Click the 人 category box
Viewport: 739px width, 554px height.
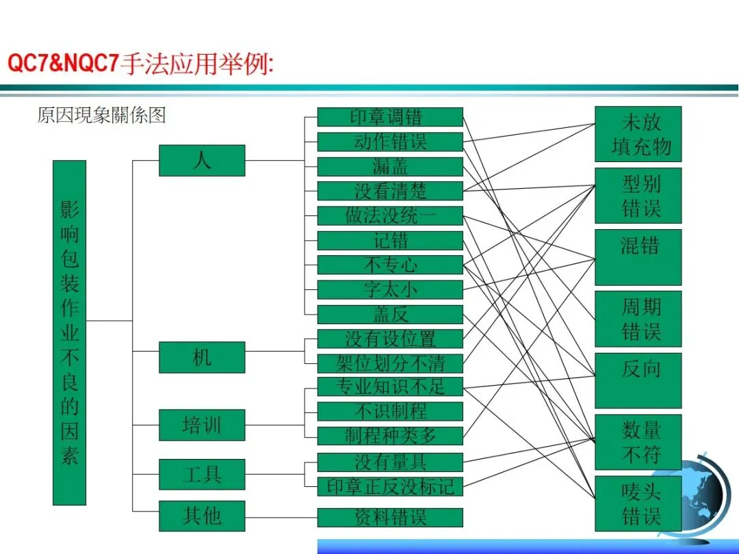tap(202, 161)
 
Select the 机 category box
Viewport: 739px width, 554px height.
tap(202, 357)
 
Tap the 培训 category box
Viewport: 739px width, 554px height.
tap(202, 425)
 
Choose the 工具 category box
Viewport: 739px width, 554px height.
tap(202, 474)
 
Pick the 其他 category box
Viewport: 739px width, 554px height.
tap(202, 516)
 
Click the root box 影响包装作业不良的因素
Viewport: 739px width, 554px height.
tap(70, 332)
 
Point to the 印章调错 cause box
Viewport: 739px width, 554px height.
tap(390, 117)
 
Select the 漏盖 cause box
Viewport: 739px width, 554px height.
tap(390, 166)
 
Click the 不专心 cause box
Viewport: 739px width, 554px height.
tap(390, 265)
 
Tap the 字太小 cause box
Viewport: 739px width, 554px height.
tap(390, 289)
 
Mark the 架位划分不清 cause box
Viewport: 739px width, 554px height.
tap(390, 362)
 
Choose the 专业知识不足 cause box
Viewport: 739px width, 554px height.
tap(390, 386)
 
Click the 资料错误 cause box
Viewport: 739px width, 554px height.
tap(390, 517)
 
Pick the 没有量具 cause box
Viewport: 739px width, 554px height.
tap(390, 462)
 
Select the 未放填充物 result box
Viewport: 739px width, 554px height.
tap(638, 134)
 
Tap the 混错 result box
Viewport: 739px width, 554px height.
tap(638, 257)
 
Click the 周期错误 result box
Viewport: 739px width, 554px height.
tap(638, 319)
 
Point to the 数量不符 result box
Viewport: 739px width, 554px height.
tap(638, 442)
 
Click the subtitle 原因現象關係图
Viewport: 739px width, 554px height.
tap(101, 115)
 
